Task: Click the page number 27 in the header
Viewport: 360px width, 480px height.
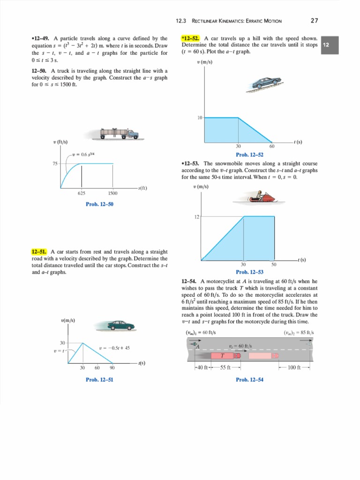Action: [x=315, y=20]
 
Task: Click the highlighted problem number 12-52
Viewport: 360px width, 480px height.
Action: [x=191, y=38]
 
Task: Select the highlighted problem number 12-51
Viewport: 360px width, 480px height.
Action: [x=39, y=252]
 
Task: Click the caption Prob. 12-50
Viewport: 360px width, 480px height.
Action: [x=99, y=204]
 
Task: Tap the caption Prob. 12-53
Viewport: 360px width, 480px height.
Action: [x=249, y=272]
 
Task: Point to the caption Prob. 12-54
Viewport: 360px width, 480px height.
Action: [x=249, y=379]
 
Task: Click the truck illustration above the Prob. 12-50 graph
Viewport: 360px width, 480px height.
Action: [x=119, y=134]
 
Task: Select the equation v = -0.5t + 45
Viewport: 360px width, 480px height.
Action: [x=114, y=348]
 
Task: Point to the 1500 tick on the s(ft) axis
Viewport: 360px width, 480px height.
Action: [x=112, y=193]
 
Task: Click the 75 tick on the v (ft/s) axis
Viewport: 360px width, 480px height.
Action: [x=55, y=164]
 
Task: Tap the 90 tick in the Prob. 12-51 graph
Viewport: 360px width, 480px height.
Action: [x=112, y=368]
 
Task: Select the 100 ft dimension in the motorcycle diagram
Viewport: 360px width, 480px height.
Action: [x=294, y=367]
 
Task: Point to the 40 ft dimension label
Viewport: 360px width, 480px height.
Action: [x=203, y=367]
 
